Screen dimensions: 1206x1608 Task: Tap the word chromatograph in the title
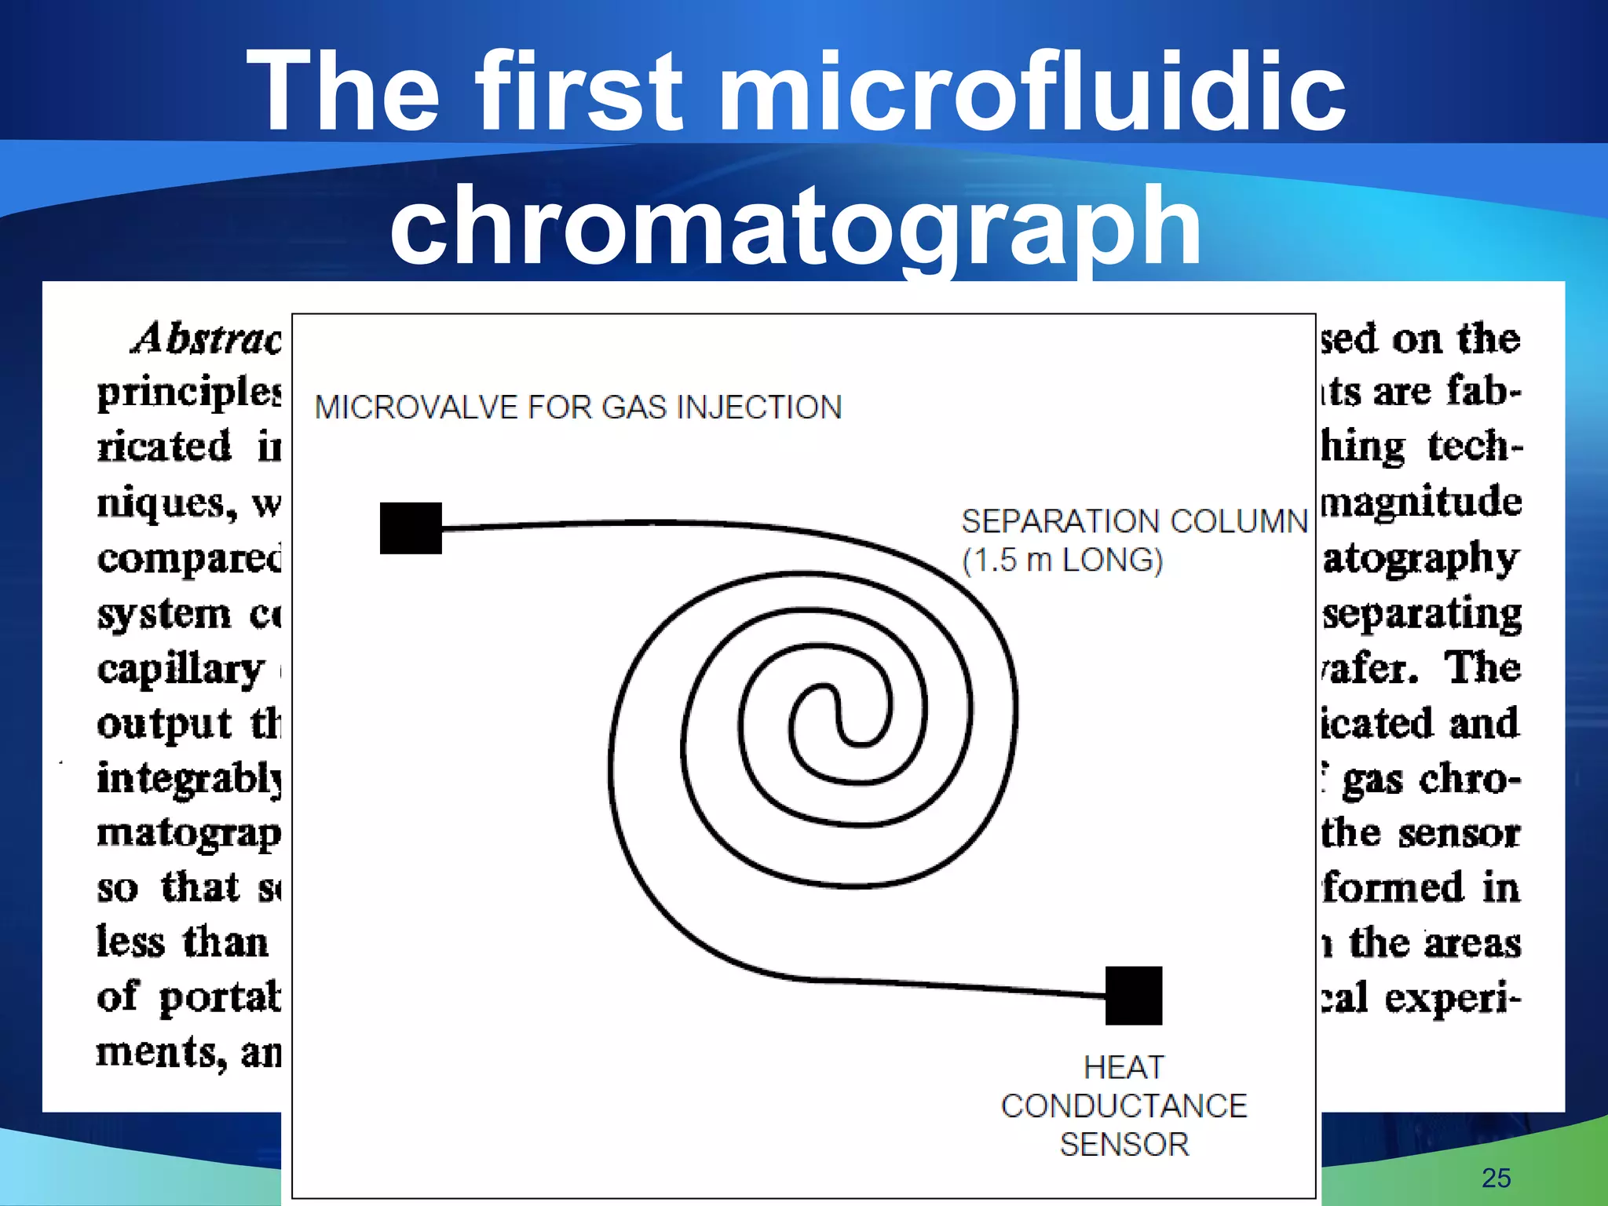(795, 225)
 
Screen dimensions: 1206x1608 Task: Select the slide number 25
(1496, 1178)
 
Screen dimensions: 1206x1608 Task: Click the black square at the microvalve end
(411, 528)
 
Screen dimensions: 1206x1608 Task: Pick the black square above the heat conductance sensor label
(1133, 996)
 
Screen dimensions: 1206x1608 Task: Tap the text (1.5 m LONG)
(1062, 561)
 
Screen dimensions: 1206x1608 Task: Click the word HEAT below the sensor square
(1124, 1068)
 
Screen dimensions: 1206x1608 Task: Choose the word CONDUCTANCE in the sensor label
(1124, 1106)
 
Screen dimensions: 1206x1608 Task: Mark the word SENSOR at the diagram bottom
(1124, 1145)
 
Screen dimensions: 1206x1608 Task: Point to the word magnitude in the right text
(1422, 502)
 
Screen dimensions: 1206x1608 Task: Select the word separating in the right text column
(1422, 614)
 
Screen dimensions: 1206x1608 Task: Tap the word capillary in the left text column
(181, 670)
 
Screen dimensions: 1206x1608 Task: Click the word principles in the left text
(188, 392)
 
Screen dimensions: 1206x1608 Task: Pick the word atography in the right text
(1421, 558)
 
